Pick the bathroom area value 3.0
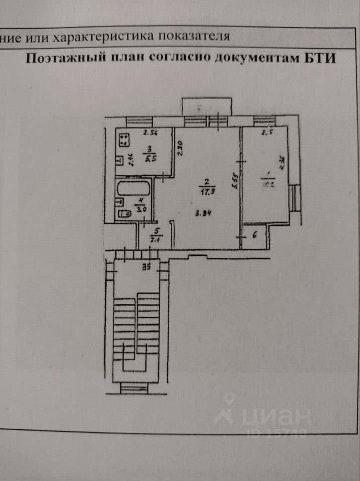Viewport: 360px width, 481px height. (x=141, y=210)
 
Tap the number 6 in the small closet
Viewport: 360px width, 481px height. (x=254, y=233)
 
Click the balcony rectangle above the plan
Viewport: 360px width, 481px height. (x=208, y=107)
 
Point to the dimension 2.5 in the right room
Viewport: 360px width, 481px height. (x=266, y=133)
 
